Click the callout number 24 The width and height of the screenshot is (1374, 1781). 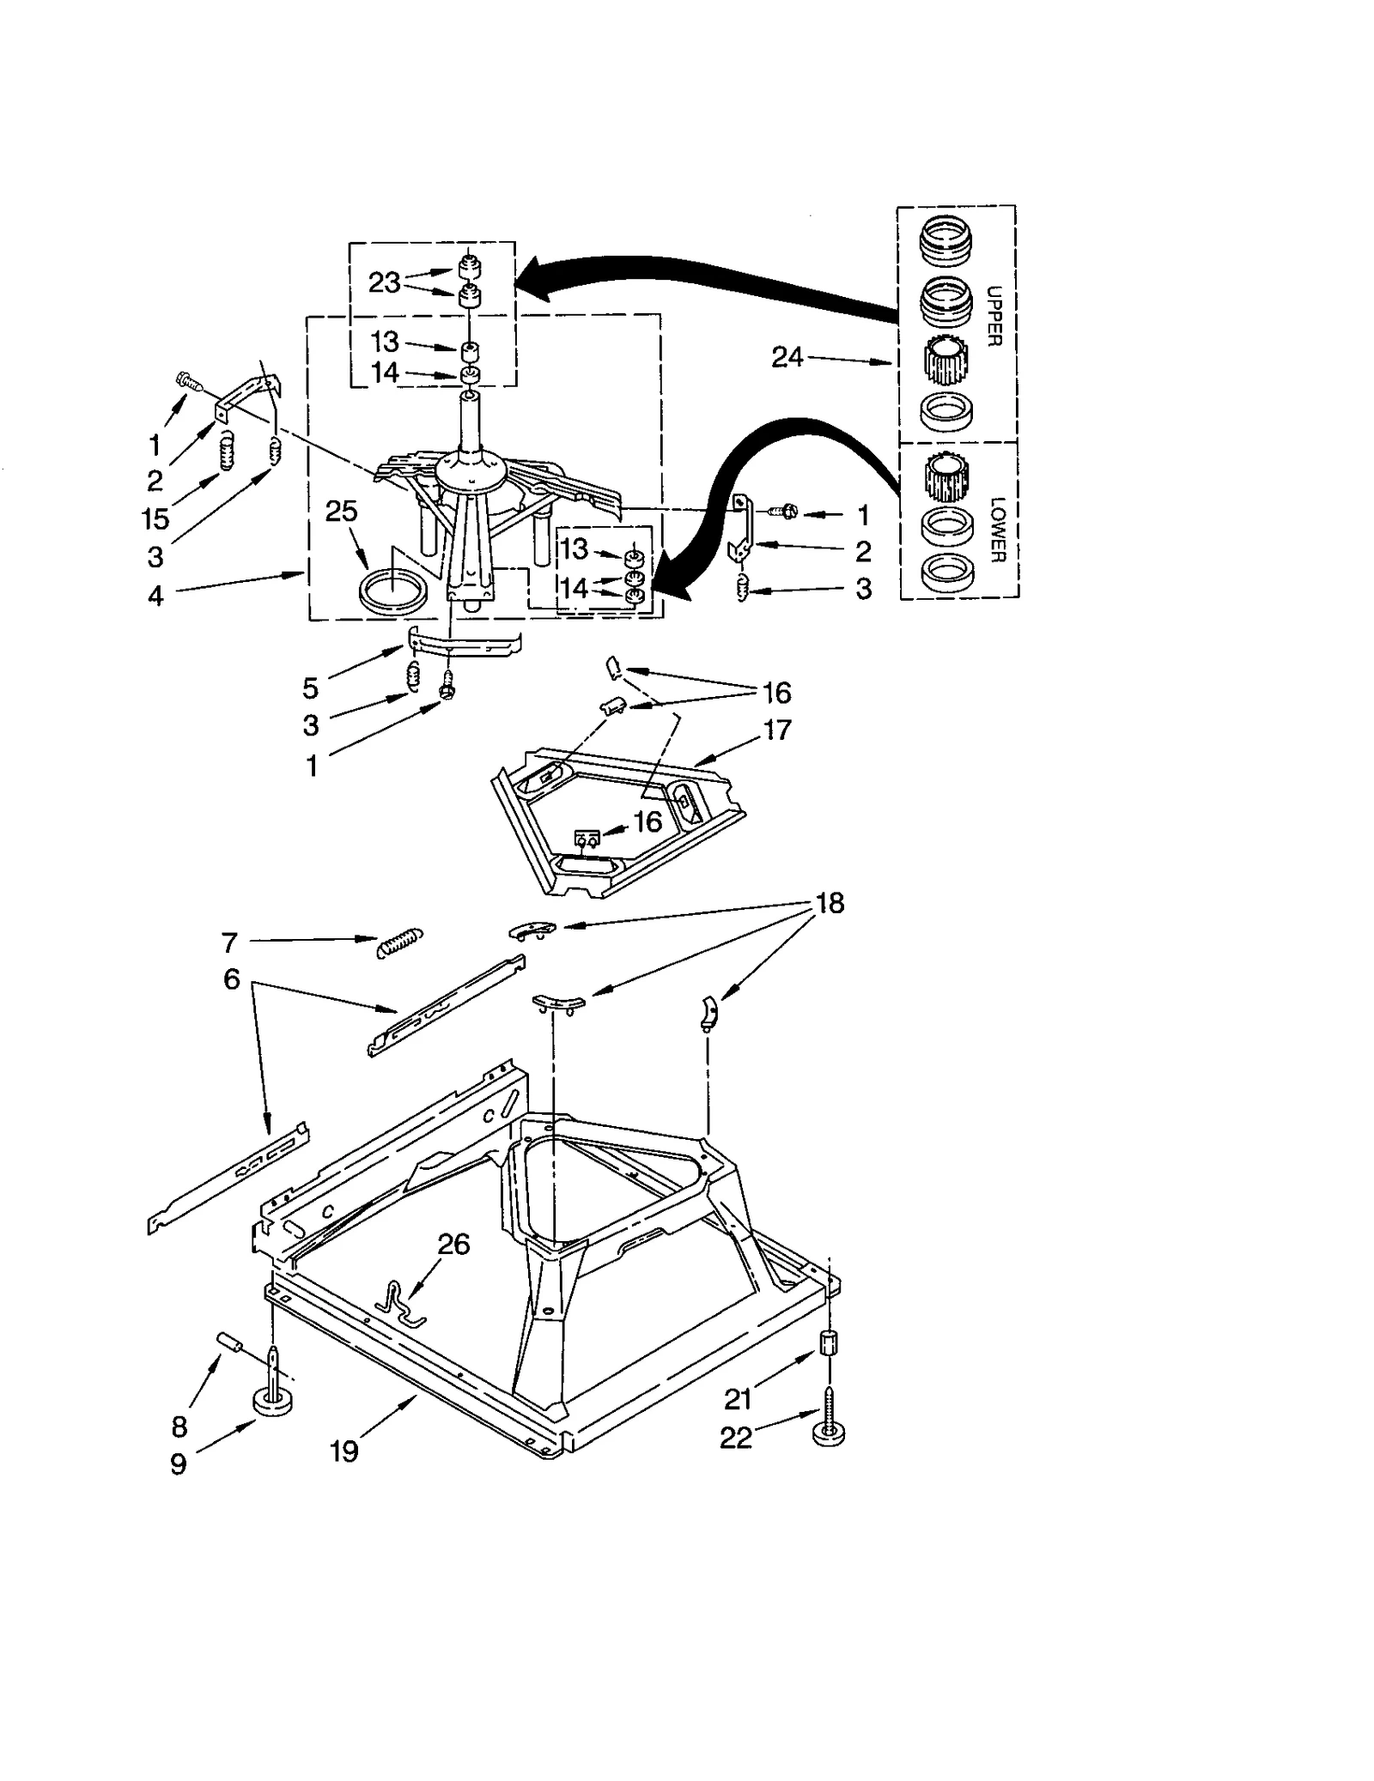pos(787,356)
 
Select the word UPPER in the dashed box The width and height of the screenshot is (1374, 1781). pos(994,316)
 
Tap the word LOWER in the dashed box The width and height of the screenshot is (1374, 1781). pos(996,530)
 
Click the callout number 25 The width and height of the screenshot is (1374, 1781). pos(341,512)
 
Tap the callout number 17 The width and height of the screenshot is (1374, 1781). pos(776,730)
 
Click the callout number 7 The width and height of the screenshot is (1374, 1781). pos(229,943)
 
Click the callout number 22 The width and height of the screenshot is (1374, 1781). pos(736,1438)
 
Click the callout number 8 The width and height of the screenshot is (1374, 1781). pos(179,1427)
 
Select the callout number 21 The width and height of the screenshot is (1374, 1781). pos(738,1399)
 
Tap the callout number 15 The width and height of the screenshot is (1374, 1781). pos(155,519)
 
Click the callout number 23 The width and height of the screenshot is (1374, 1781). pos(384,282)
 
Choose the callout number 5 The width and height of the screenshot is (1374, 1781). pos(310,688)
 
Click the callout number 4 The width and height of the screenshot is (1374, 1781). pos(155,595)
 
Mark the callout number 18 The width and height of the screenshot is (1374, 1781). pos(830,903)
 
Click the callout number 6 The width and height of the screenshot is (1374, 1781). pos(231,979)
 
